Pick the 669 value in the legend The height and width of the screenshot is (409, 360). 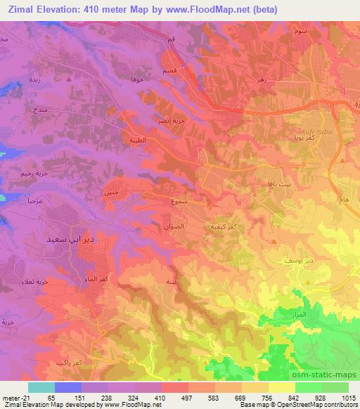tap(240, 398)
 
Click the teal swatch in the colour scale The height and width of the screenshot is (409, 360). tap(41, 387)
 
